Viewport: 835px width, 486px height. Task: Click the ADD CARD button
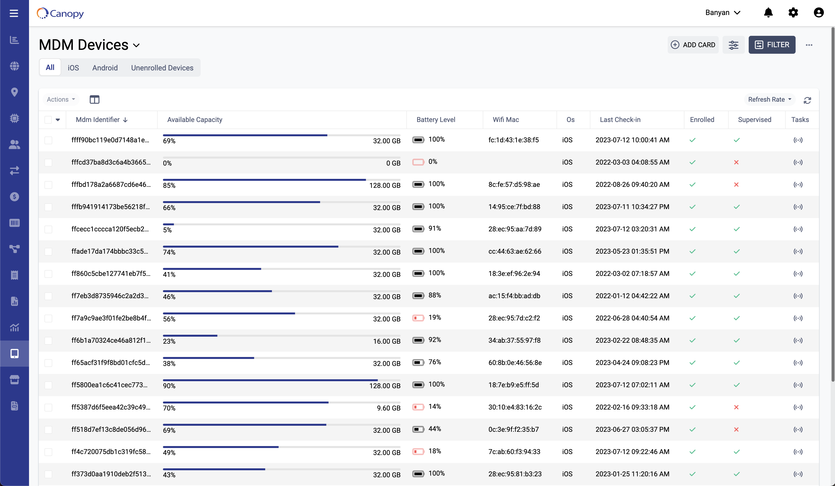click(693, 45)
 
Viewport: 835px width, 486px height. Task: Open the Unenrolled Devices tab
click(162, 68)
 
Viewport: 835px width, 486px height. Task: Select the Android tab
click(105, 68)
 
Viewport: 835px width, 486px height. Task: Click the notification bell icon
click(768, 13)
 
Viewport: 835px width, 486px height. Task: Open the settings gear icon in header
click(793, 13)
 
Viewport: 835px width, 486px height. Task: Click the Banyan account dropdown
click(723, 13)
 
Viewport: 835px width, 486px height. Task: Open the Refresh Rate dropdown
click(769, 99)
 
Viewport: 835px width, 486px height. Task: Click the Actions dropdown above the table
click(61, 99)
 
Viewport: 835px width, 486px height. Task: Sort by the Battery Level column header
click(435, 120)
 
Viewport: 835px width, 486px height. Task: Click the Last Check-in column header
click(620, 120)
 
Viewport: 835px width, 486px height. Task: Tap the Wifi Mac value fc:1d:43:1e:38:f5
click(513, 140)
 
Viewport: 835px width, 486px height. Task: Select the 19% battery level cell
click(434, 318)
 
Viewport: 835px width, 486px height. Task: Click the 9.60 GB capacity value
click(388, 408)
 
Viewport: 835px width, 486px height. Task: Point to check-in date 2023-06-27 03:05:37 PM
click(632, 429)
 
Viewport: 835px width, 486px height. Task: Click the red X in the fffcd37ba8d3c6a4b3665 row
click(736, 162)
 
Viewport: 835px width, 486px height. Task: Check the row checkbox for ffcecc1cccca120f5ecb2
click(48, 229)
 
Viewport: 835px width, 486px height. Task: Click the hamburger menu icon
click(14, 13)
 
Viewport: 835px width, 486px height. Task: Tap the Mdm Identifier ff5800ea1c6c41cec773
click(109, 385)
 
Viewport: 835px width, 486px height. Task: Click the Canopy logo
click(60, 13)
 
